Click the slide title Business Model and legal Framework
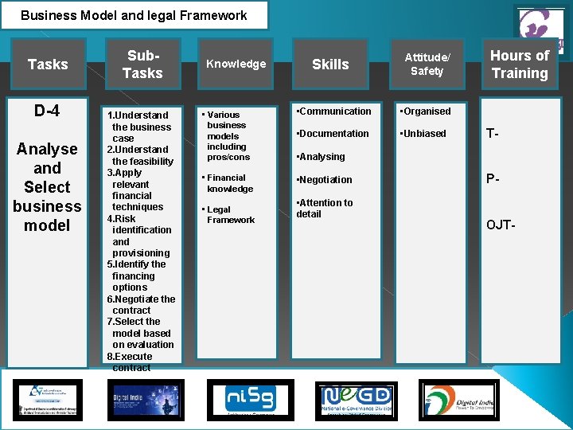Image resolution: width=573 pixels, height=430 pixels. point(134,15)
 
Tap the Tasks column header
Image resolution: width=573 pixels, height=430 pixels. point(48,64)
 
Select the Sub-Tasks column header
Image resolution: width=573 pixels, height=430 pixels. point(142,64)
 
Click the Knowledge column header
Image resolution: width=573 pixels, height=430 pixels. point(236,64)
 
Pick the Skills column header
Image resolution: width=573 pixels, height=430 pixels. point(330,64)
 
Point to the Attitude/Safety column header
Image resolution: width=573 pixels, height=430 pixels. point(427,64)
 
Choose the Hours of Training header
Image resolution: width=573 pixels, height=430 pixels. point(520,64)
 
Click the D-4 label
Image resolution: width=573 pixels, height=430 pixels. point(46,111)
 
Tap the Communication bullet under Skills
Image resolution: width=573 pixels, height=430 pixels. point(333,111)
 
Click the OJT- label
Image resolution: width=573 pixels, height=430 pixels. point(501,225)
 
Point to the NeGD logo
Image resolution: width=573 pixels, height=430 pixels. point(355,399)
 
